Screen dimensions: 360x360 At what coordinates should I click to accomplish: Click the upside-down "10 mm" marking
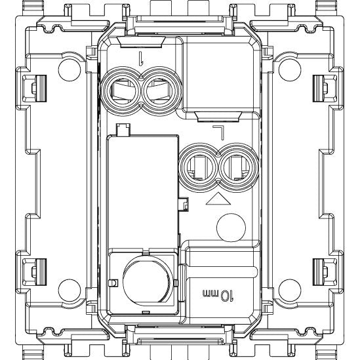tap(218, 295)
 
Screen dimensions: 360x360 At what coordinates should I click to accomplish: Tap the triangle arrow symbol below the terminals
tap(218, 199)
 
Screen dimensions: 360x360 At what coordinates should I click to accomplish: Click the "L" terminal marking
tap(218, 132)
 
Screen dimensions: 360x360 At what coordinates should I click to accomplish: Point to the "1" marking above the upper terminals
tap(141, 58)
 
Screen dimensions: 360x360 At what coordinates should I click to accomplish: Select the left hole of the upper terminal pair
tap(121, 91)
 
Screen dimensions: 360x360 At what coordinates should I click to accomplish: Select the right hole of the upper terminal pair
tap(161, 91)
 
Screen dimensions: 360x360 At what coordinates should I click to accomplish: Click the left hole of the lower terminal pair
tap(199, 167)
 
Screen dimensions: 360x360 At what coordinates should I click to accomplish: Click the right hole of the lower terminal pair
tap(239, 167)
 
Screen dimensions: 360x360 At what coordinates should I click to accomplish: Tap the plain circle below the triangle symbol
tap(231, 228)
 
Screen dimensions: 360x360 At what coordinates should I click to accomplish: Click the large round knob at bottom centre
tap(147, 281)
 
